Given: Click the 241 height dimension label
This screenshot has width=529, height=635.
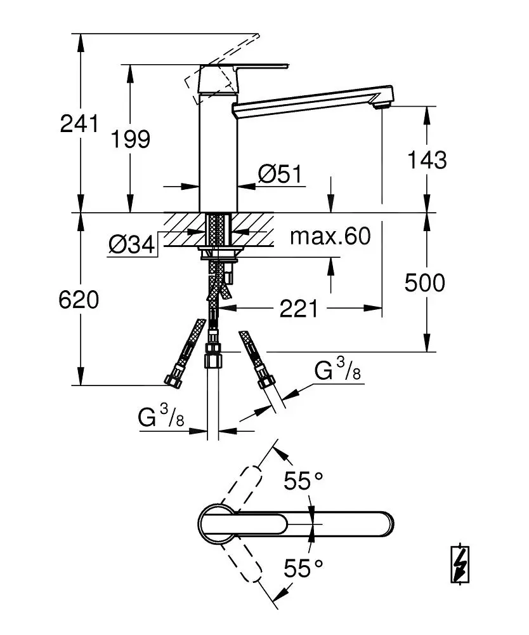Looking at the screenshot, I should pyautogui.click(x=80, y=123).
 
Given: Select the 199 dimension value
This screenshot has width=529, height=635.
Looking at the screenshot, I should pyautogui.click(x=130, y=139).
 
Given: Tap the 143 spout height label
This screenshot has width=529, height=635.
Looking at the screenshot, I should pyautogui.click(x=426, y=160).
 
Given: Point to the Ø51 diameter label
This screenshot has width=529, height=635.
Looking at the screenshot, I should pyautogui.click(x=280, y=174).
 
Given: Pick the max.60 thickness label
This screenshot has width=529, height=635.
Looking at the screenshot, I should pyautogui.click(x=330, y=237).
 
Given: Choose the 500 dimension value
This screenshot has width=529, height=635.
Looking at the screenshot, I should pyautogui.click(x=425, y=283).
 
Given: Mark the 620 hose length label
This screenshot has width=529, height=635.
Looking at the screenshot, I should pyautogui.click(x=80, y=300).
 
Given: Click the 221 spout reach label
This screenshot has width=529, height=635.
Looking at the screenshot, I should pyautogui.click(x=299, y=309).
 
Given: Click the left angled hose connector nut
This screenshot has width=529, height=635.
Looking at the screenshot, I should pyautogui.click(x=172, y=380).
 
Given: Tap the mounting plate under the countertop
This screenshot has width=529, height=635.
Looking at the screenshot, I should pyautogui.click(x=219, y=255).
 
